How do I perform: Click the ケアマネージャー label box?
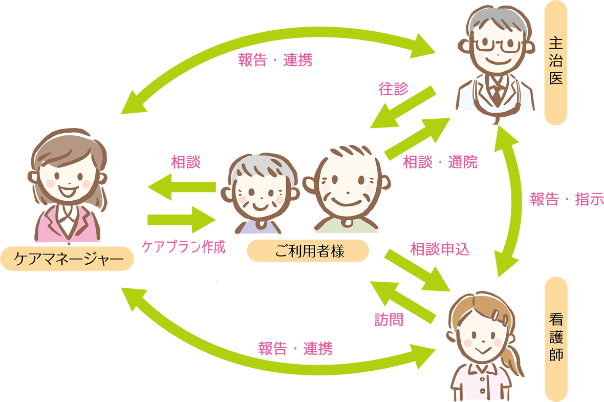[x=67, y=258]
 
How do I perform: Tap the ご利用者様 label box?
[x=308, y=251]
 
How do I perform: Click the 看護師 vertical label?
[x=556, y=339]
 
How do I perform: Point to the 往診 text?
[x=393, y=89]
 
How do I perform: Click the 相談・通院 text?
[x=440, y=162]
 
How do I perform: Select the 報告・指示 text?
[x=567, y=199]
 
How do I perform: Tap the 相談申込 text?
[x=440, y=249]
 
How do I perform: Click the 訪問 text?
[x=389, y=320]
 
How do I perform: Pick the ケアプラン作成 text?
[x=183, y=247]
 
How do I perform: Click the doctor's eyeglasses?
[x=498, y=45]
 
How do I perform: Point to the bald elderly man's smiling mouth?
[x=346, y=202]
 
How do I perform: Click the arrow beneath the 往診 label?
[x=403, y=108]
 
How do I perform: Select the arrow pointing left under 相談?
[x=182, y=187]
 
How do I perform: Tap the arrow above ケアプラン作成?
[x=182, y=220]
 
